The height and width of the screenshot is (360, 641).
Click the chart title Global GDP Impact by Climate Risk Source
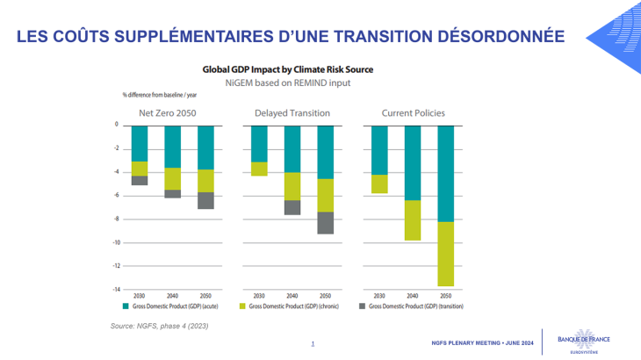(288, 68)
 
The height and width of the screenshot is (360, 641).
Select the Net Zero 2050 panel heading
(168, 113)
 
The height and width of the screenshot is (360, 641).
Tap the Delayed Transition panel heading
(292, 113)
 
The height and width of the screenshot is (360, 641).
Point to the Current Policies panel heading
(413, 113)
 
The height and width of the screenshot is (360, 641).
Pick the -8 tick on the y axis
(116, 219)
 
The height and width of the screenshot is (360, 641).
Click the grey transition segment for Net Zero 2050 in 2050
(205, 200)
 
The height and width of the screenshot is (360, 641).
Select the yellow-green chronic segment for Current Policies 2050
(446, 254)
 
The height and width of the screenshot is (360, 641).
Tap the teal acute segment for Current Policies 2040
(413, 162)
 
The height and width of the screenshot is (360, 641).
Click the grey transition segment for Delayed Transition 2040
(292, 207)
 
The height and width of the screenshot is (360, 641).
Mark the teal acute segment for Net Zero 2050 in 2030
(140, 143)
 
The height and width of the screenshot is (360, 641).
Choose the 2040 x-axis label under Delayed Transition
(292, 297)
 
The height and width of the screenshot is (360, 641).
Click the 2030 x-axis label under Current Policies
(379, 297)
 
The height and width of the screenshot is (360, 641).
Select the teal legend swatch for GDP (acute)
(126, 307)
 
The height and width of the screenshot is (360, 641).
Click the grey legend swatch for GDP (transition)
(362, 307)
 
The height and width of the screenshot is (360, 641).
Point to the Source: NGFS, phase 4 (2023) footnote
(160, 327)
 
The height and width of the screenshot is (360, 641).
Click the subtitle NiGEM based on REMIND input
(288, 83)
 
